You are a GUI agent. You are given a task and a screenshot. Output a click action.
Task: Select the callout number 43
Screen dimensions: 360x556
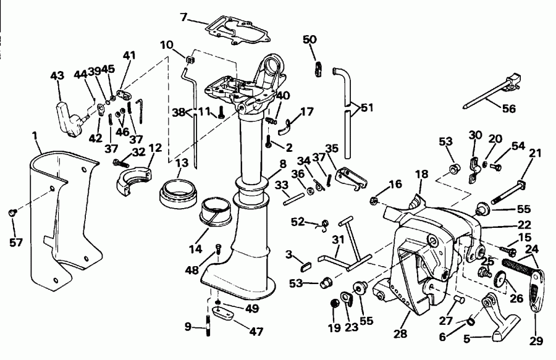(x=57, y=76)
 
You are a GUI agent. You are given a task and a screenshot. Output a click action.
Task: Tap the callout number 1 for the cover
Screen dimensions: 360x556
(x=35, y=134)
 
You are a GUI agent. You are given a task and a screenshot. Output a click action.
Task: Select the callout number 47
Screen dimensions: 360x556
(x=255, y=332)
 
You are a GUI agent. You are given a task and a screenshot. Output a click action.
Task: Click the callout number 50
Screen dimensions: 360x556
(x=310, y=40)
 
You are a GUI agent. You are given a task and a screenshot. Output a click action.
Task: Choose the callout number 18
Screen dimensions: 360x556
(x=421, y=175)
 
